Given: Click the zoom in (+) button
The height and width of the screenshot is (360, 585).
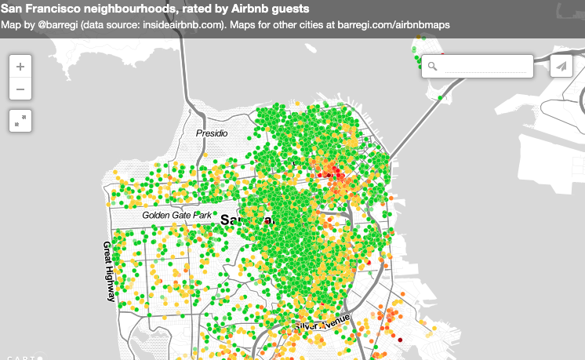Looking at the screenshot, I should pyautogui.click(x=20, y=67).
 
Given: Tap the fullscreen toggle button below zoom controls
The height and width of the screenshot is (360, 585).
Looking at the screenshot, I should pyautogui.click(x=20, y=120).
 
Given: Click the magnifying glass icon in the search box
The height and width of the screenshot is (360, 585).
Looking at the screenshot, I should pyautogui.click(x=432, y=67).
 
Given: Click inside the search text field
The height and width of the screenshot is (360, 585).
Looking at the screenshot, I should pyautogui.click(x=486, y=67).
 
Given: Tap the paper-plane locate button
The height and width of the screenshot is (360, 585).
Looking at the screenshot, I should pyautogui.click(x=561, y=67).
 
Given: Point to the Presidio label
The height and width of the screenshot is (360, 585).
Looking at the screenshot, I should pyautogui.click(x=212, y=133).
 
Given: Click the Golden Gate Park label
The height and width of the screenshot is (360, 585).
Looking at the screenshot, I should pyautogui.click(x=177, y=214).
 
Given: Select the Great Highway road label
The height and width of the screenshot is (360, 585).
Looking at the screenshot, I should pyautogui.click(x=108, y=271).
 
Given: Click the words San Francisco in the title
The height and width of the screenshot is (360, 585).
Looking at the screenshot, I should pyautogui.click(x=39, y=9).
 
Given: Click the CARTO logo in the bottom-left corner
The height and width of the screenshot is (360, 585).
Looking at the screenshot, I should pyautogui.click(x=22, y=357).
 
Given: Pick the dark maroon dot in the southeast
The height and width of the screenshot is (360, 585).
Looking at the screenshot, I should pyautogui.click(x=399, y=339).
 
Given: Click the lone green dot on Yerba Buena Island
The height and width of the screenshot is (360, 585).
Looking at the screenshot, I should pyautogui.click(x=441, y=98).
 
